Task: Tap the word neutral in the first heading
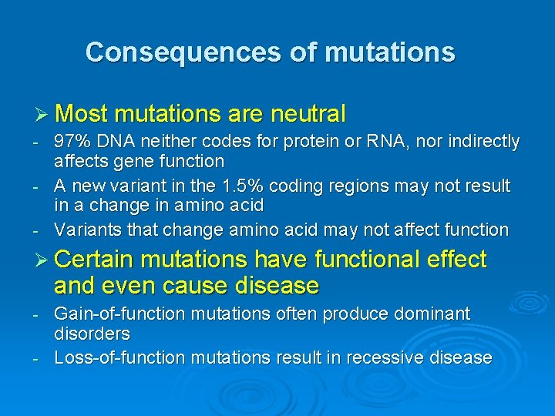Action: tap(308, 114)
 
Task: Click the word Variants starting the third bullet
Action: tap(86, 230)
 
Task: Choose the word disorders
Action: tap(92, 334)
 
